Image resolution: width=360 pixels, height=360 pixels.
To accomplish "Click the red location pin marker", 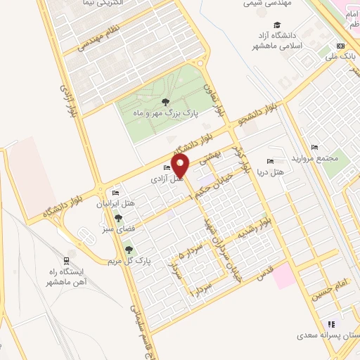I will click(x=181, y=165).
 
